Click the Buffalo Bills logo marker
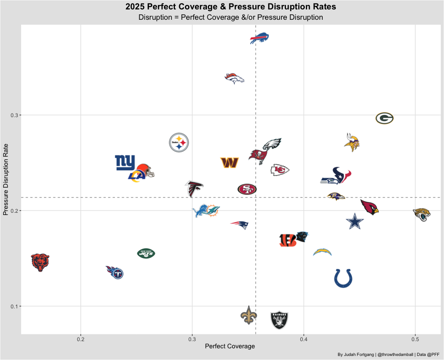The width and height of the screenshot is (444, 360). click(x=260, y=39)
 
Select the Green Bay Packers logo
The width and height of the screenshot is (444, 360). click(x=385, y=119)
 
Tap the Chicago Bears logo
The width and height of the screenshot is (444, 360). click(x=40, y=262)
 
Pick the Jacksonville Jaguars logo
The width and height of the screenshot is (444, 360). click(x=422, y=214)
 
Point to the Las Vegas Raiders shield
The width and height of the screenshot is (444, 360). click(x=279, y=320)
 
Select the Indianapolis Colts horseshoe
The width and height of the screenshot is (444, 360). click(x=343, y=278)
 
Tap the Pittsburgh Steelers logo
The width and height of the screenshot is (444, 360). click(x=179, y=143)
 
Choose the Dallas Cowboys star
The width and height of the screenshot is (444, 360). click(x=355, y=222)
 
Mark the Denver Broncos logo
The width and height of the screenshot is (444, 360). click(x=234, y=79)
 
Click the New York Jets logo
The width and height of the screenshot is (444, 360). click(x=146, y=253)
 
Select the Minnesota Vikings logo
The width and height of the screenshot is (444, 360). click(x=352, y=142)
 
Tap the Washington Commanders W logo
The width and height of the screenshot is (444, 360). click(x=229, y=162)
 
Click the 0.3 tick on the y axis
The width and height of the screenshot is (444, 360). click(x=13, y=115)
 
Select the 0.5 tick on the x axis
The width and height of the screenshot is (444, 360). click(x=415, y=338)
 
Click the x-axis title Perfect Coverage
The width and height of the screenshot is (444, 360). click(x=229, y=347)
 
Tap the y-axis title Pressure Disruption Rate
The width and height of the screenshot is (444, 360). click(x=6, y=180)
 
